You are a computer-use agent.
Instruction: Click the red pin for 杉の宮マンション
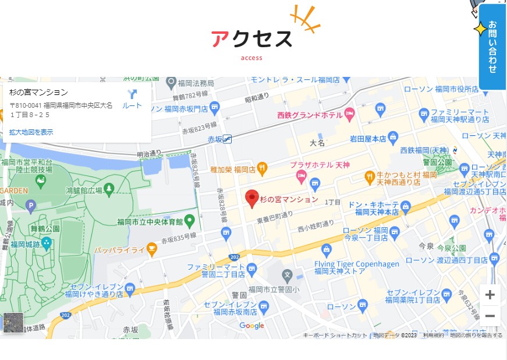251,199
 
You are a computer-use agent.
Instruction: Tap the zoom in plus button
490,295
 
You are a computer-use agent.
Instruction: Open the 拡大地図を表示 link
31,132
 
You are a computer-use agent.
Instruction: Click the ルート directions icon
132,98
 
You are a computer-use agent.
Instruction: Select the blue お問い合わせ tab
492,47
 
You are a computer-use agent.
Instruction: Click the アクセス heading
251,38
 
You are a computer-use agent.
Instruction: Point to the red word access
251,58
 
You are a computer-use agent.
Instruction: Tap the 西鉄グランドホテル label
309,114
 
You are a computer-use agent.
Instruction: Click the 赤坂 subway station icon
227,139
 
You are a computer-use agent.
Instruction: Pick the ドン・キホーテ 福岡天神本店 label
373,209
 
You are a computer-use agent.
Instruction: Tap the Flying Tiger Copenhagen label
356,267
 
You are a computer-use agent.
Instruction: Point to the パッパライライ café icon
152,249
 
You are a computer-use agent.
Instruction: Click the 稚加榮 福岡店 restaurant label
233,170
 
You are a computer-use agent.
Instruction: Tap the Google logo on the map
251,326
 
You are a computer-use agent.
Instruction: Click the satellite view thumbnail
13,323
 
